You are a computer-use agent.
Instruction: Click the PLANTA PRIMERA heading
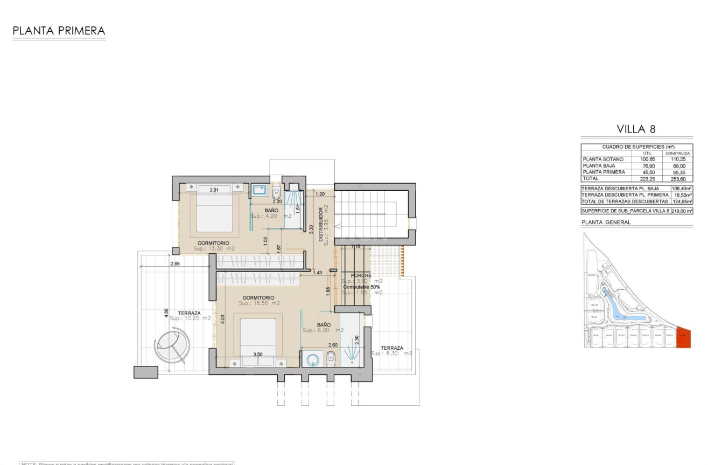pyautogui.click(x=59, y=31)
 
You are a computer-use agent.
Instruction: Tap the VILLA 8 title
pyautogui.click(x=636, y=129)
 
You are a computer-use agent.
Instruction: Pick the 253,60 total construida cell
pyautogui.click(x=681, y=178)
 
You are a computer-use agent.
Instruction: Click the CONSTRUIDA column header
pyautogui.click(x=681, y=153)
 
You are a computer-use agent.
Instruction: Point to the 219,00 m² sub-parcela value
pyautogui.click(x=682, y=211)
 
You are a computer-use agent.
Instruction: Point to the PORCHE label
pyautogui.click(x=361, y=275)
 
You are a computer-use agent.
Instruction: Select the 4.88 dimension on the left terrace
pyautogui.click(x=166, y=313)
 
